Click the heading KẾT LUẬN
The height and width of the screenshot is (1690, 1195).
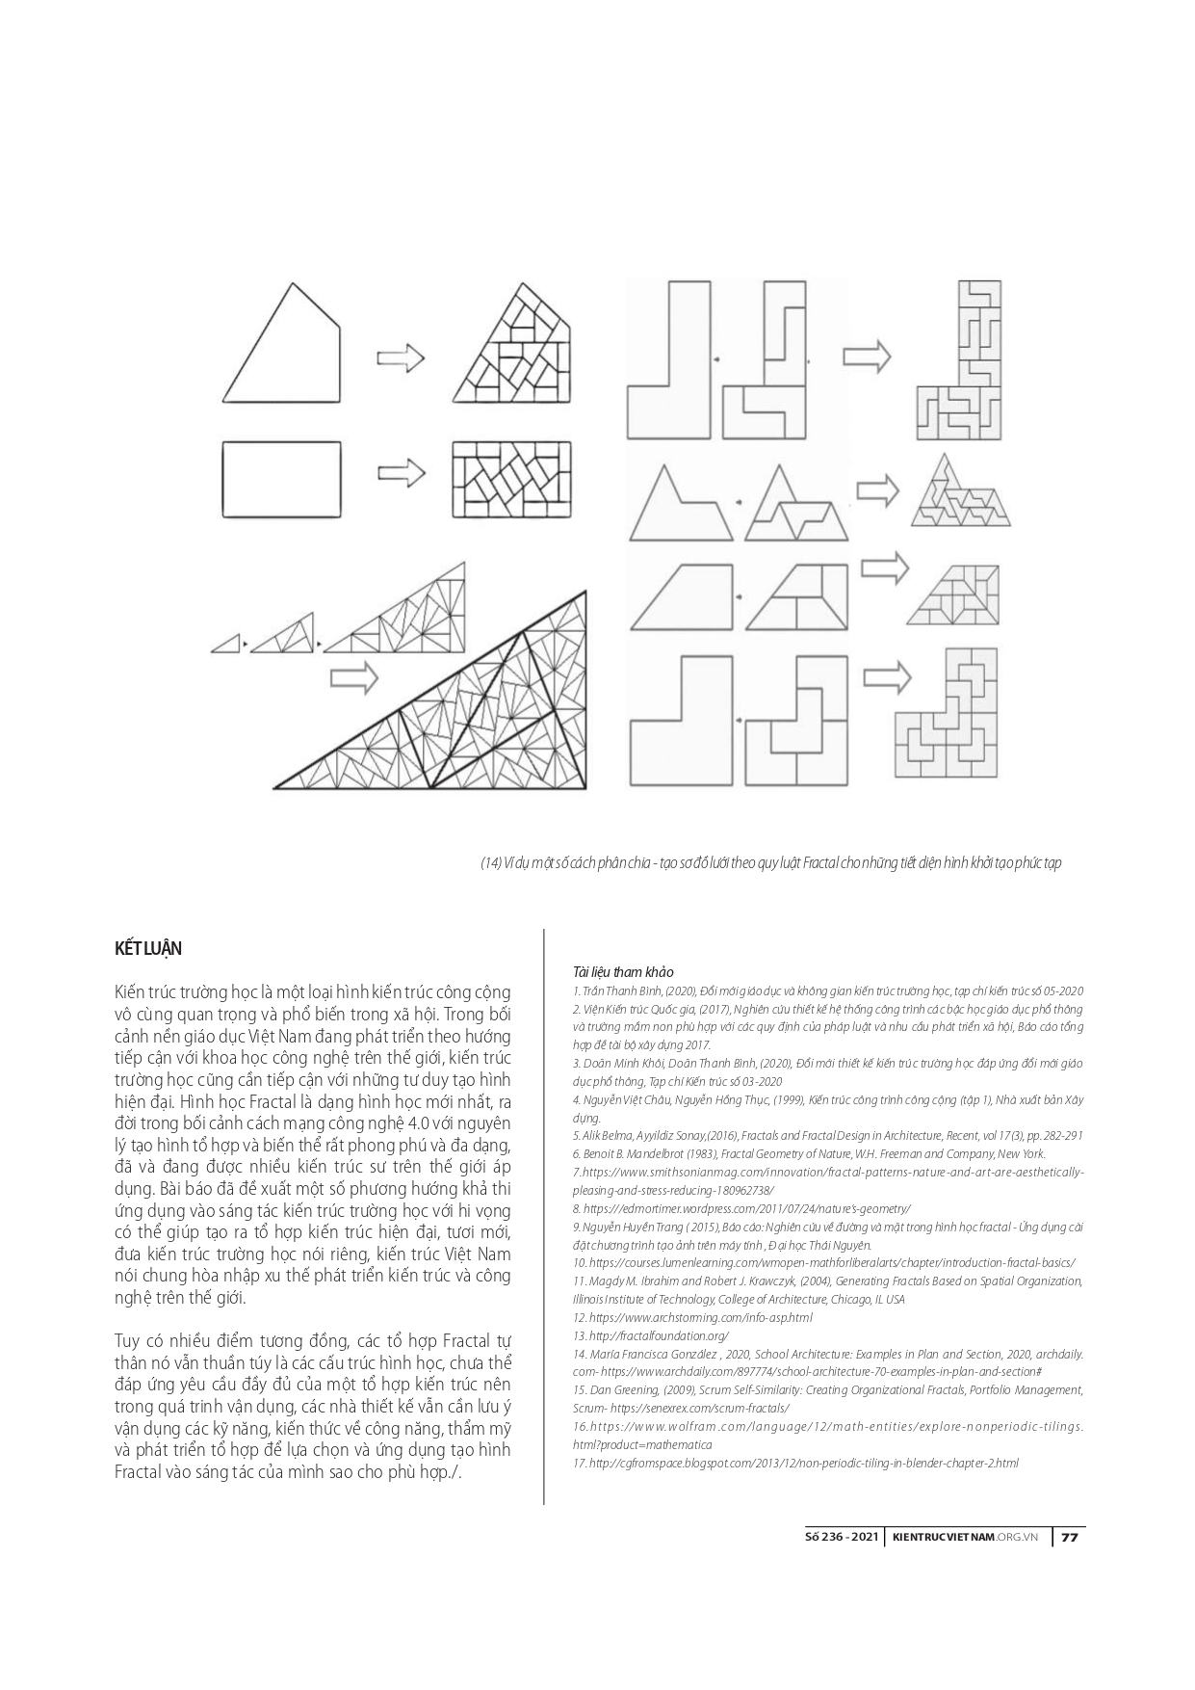[x=147, y=948]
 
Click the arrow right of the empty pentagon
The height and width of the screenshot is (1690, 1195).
[x=401, y=357]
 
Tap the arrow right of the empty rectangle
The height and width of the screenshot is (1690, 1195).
[x=401, y=473]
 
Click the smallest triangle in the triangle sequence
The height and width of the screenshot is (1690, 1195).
[x=226, y=644]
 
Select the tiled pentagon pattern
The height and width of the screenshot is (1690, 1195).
[x=515, y=347]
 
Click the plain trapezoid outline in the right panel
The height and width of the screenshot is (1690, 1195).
[x=678, y=597]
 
